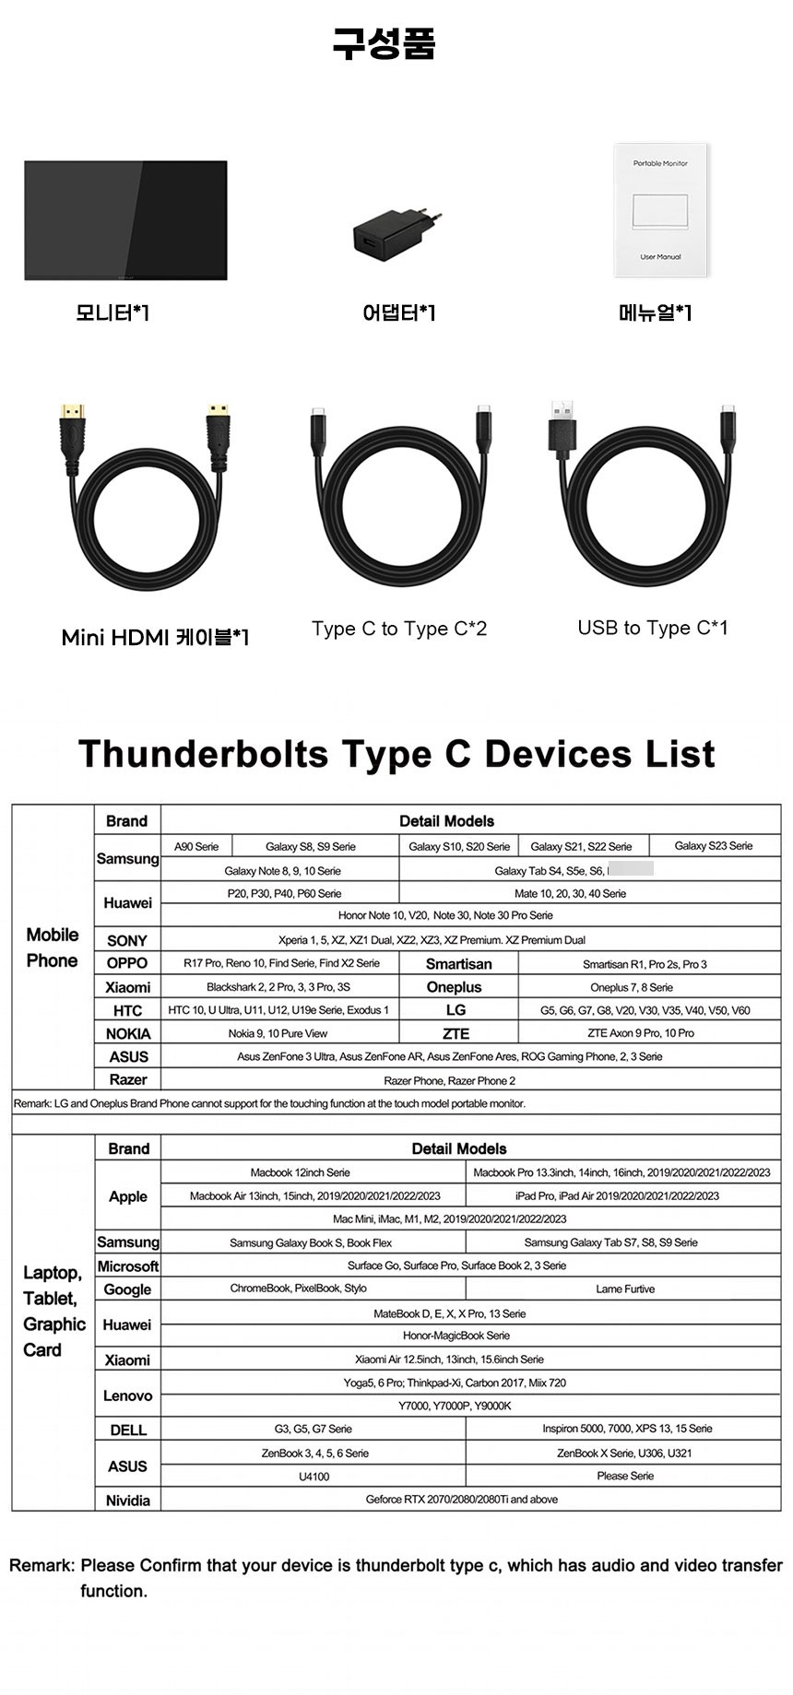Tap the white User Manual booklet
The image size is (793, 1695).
[x=660, y=209]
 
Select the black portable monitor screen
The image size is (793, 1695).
[x=125, y=220]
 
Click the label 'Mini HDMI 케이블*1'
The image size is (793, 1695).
[x=155, y=637]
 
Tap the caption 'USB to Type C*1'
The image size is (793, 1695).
[x=652, y=628]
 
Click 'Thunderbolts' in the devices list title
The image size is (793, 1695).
[x=203, y=753]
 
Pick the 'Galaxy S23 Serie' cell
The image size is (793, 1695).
[x=713, y=846]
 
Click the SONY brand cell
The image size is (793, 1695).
[x=127, y=940]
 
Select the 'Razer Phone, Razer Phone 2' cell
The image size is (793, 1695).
[x=449, y=1080]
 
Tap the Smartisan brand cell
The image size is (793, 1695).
[x=458, y=964]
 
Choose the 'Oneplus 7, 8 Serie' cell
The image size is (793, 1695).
[x=632, y=987]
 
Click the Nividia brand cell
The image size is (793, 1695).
[x=127, y=1501]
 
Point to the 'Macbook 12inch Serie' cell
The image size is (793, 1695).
[x=300, y=1172]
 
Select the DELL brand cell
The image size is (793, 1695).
[x=128, y=1430]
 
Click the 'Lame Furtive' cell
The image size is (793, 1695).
[x=624, y=1289]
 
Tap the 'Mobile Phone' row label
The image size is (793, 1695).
[x=53, y=948]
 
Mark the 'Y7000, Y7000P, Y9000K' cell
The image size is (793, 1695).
[x=455, y=1406]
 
